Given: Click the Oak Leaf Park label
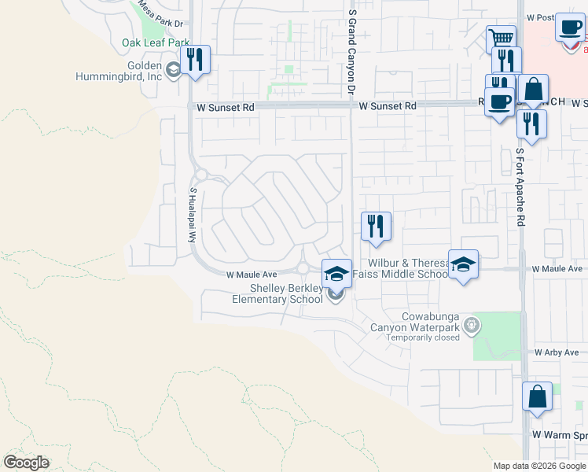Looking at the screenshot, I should coord(156,42).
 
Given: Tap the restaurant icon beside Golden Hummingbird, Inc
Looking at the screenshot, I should coord(194,59).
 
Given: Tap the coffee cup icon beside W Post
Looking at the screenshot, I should coord(569,28).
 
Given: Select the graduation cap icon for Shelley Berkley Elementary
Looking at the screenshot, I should coord(336,274).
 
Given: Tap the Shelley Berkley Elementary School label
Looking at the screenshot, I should coord(277,293).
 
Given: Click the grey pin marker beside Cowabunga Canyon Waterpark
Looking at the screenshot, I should coord(471,323).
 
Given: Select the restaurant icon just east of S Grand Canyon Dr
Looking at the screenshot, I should coord(376,226).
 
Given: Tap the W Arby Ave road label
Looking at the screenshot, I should coord(559,354).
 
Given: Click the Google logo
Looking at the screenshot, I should coord(26,462).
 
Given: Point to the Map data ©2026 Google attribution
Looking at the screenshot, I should coord(538,466).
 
